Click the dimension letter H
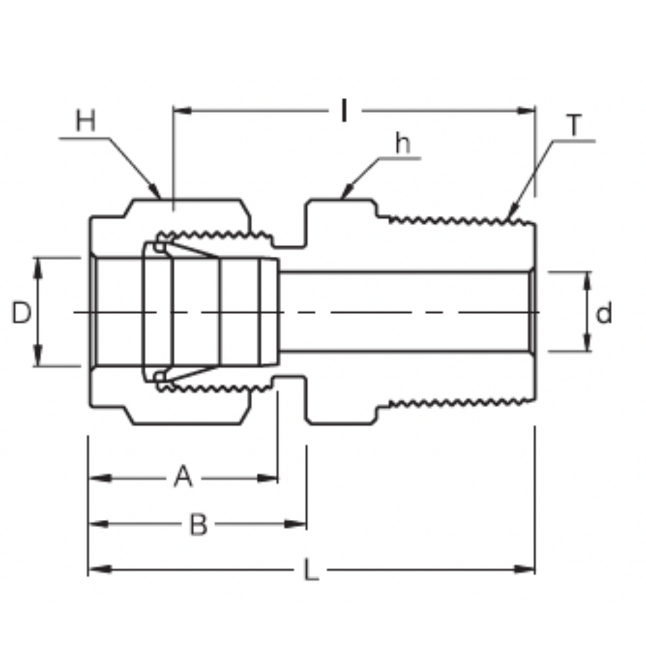pos(86,120)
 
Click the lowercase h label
pos(402,143)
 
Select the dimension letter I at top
pos(344,111)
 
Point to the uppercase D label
pos(21,313)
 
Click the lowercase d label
pos(604,313)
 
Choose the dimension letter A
pos(184,476)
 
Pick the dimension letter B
pos(198,524)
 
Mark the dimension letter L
pos(312,570)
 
